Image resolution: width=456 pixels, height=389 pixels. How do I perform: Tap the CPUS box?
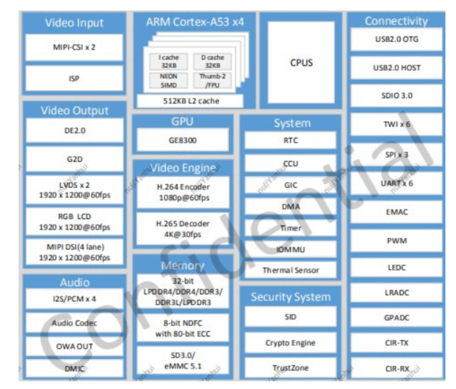(301, 62)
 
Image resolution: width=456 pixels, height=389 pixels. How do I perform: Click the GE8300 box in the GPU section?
(183, 140)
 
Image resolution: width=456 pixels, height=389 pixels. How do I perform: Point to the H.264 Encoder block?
(183, 192)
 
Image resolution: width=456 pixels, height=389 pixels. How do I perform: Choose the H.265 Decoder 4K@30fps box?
(183, 228)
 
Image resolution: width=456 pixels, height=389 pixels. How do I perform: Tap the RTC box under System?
(290, 140)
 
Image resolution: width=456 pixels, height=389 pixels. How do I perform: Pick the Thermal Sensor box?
(290, 270)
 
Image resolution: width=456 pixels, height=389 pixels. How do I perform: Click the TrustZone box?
(290, 368)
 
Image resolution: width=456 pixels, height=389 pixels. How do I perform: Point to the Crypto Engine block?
(290, 343)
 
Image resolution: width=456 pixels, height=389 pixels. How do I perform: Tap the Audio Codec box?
(74, 323)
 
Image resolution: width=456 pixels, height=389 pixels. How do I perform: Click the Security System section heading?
(290, 297)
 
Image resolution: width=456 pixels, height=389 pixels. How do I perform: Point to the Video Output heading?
(74, 110)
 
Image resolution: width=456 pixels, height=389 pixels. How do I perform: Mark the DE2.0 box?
(74, 131)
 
